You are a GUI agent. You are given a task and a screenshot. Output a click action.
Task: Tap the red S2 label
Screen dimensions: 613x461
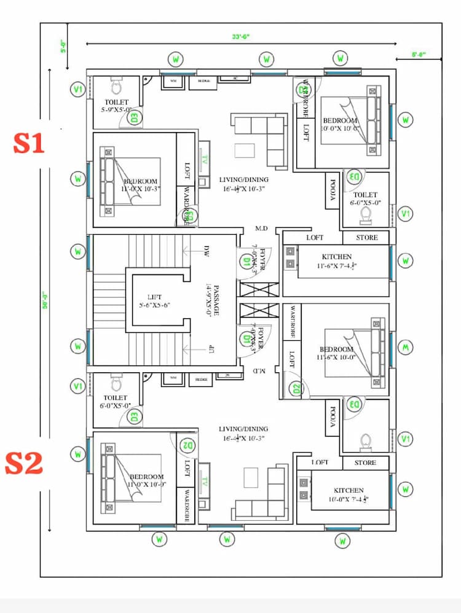click(x=24, y=463)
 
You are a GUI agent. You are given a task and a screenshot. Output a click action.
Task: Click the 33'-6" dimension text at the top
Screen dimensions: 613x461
click(x=241, y=37)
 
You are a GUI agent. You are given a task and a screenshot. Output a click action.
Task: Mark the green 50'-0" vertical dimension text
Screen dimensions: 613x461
click(x=45, y=302)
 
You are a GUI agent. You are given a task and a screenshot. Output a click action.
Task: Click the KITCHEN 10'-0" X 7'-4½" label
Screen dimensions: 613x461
click(x=349, y=494)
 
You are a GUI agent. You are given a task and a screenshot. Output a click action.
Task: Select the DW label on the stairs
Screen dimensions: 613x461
click(x=207, y=250)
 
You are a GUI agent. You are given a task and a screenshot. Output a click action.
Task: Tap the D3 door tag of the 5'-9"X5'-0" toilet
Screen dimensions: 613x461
click(x=134, y=116)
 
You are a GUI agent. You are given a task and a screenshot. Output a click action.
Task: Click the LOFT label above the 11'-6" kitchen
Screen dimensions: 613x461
click(x=315, y=237)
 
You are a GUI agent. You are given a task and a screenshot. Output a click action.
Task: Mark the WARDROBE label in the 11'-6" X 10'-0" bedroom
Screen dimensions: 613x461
click(x=293, y=322)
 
